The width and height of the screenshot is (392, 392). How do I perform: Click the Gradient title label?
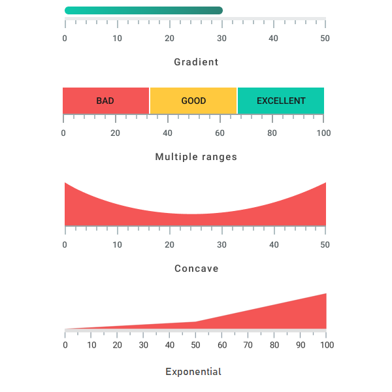click(x=196, y=62)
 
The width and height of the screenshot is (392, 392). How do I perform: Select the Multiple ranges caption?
click(x=196, y=157)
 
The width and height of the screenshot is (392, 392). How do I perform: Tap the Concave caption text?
click(x=196, y=269)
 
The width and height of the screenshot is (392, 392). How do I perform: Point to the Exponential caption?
click(x=193, y=372)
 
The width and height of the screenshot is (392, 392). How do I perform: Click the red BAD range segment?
click(x=106, y=101)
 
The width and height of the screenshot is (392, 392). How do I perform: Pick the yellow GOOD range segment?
click(x=193, y=101)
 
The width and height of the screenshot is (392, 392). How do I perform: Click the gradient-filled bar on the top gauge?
click(x=144, y=10)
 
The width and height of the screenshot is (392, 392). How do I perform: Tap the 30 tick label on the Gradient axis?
click(x=221, y=38)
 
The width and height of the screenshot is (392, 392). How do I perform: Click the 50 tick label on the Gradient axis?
click(x=325, y=38)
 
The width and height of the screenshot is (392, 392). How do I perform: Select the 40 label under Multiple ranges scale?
click(x=167, y=133)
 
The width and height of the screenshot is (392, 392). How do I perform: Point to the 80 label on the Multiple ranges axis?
click(x=272, y=133)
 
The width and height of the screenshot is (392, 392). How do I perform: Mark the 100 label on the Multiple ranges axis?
click(x=323, y=133)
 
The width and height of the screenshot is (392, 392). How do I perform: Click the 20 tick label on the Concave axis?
click(x=169, y=245)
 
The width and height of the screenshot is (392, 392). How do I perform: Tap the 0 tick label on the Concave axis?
click(x=65, y=245)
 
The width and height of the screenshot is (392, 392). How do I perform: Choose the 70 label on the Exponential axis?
click(x=248, y=345)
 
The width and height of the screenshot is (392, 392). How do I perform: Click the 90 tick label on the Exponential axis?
click(x=301, y=345)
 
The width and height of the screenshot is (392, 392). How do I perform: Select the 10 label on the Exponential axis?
click(x=91, y=345)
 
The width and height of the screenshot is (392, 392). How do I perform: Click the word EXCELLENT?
click(x=281, y=101)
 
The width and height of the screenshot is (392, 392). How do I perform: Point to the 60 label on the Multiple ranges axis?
click(x=220, y=133)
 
